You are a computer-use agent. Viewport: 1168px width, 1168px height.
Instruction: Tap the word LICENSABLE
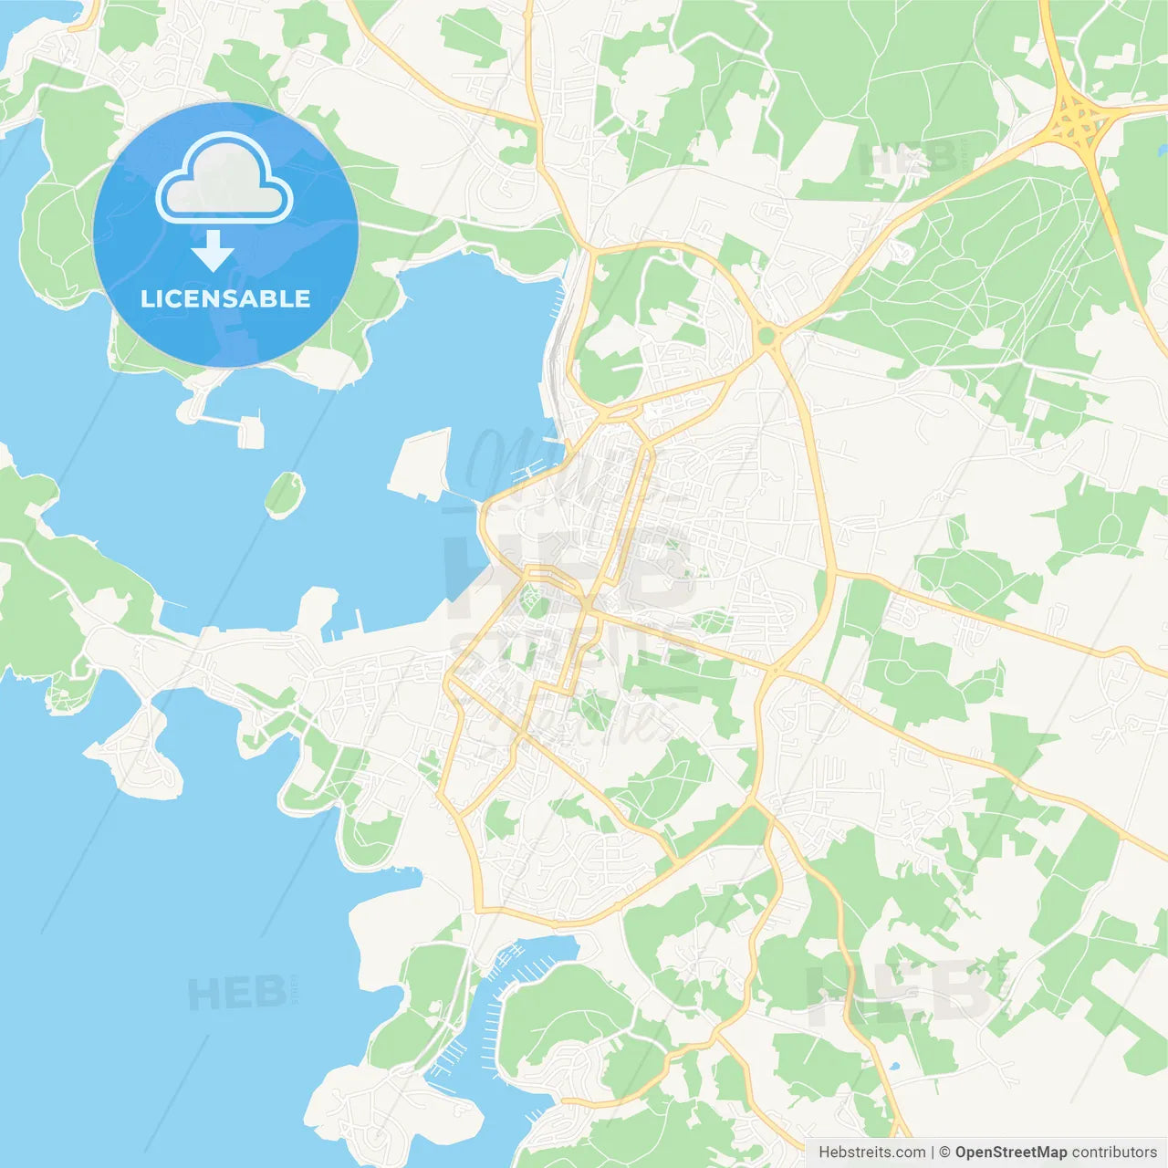tap(225, 299)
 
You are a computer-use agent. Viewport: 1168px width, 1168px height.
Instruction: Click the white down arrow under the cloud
tap(213, 251)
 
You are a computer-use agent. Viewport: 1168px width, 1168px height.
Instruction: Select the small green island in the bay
tap(284, 494)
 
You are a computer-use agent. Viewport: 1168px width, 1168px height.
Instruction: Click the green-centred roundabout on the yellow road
tap(766, 337)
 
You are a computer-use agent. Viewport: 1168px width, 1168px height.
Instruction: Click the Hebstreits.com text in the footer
tap(871, 1152)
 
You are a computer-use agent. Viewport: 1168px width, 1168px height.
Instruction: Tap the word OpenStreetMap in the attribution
tap(1010, 1152)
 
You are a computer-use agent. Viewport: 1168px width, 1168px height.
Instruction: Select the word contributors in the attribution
tap(1114, 1152)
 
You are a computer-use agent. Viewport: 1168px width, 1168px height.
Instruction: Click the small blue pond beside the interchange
tap(1162, 148)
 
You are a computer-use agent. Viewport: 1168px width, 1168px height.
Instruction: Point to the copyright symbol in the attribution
tap(944, 1152)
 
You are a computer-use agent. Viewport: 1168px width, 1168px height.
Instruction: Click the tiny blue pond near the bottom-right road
tap(892, 1066)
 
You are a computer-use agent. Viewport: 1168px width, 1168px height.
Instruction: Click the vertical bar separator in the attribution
tap(932, 1152)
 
